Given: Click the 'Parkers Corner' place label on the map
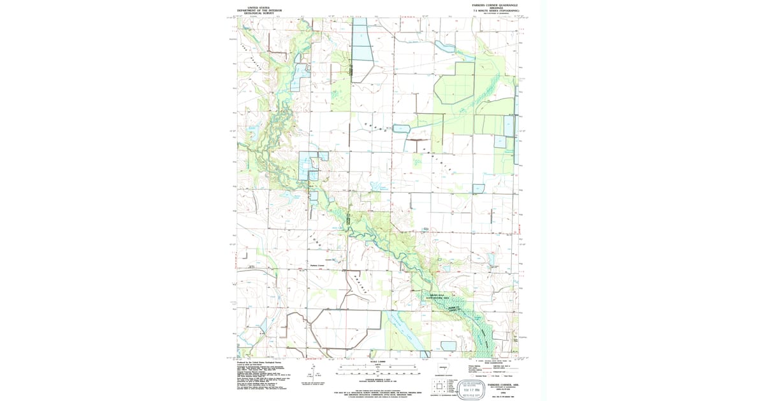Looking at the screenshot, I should click(317, 265).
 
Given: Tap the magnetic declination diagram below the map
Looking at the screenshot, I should click(312, 374).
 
